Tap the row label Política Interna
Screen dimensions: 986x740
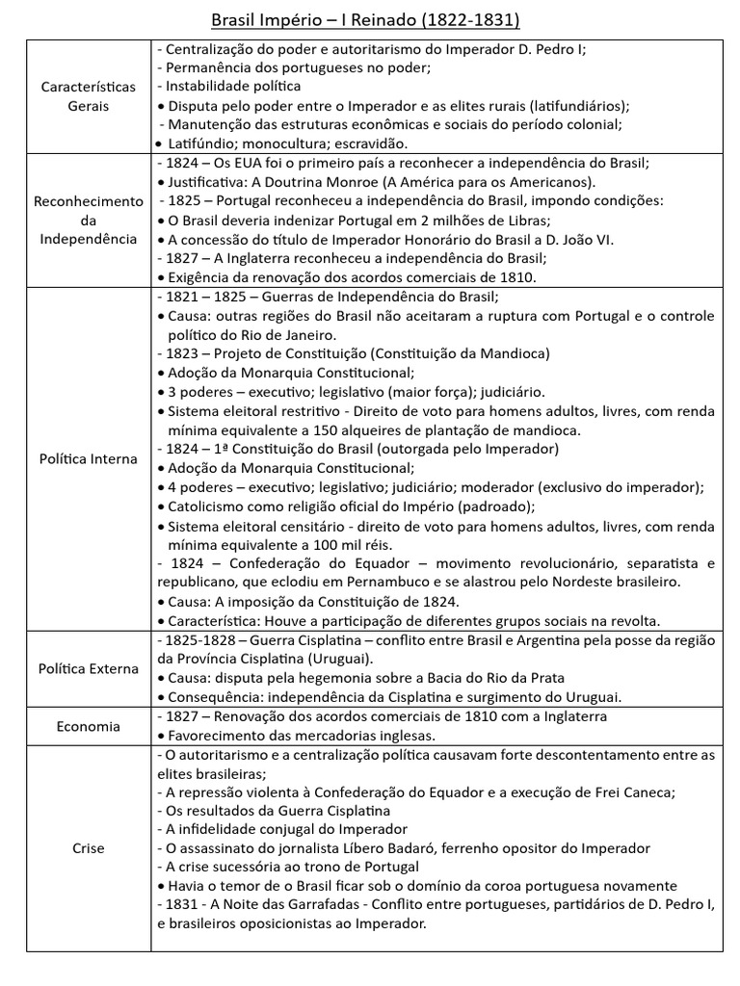[x=88, y=458]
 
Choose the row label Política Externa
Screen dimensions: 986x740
[x=88, y=668]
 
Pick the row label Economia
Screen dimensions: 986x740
[x=88, y=726]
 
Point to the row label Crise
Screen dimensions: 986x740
[x=88, y=848]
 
